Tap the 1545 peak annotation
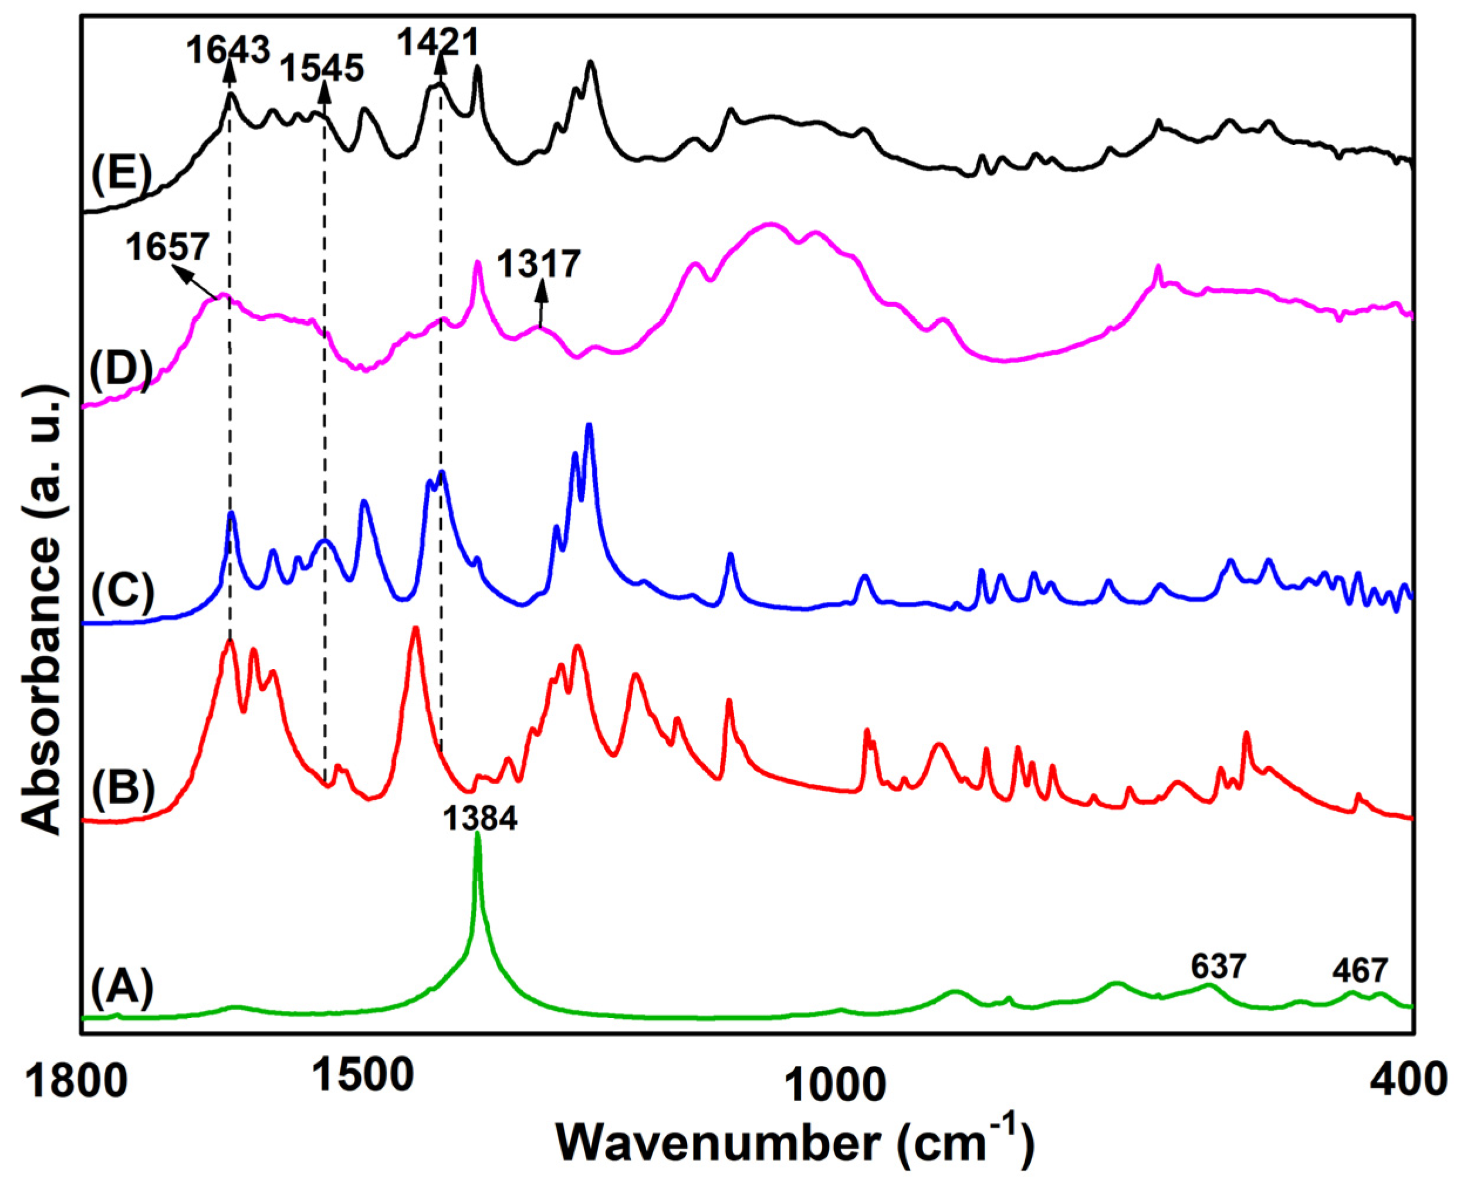(x=323, y=69)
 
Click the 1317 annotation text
(x=539, y=264)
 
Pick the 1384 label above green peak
(x=480, y=819)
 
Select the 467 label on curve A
(x=1360, y=971)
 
